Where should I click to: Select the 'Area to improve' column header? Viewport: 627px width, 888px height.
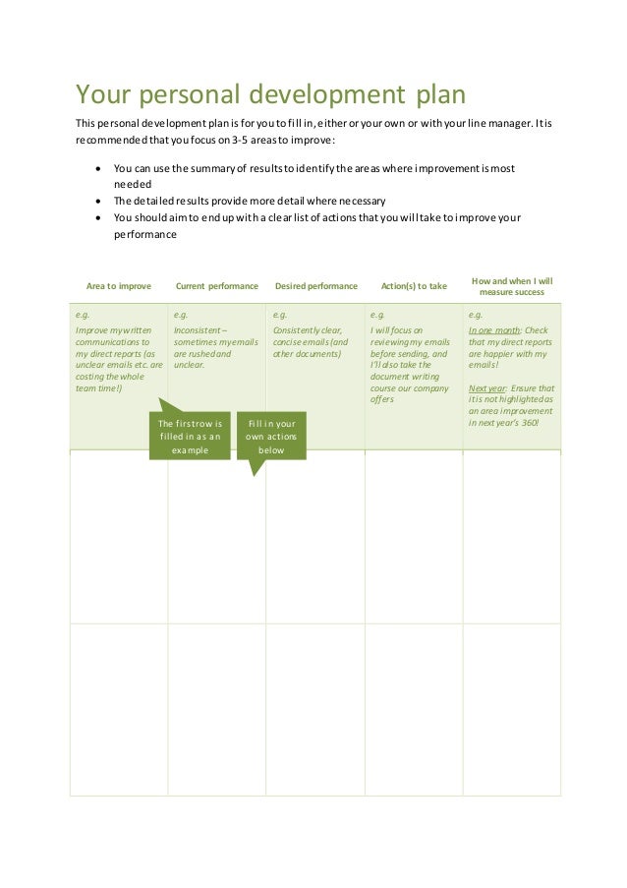pos(119,286)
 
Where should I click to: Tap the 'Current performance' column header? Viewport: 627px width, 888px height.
pos(216,286)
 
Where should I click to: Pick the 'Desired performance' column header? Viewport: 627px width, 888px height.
pos(315,286)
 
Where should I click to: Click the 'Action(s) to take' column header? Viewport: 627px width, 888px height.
pos(413,286)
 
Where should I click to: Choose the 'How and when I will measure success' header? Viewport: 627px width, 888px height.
pos(511,285)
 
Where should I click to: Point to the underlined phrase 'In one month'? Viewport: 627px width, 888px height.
pos(493,331)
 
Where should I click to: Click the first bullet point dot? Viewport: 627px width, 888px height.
pos(97,168)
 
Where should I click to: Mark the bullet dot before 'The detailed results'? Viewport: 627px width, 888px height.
pos(97,202)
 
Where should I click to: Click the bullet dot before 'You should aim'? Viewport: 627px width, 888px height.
pos(97,218)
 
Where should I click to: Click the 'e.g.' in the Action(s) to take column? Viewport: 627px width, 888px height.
pos(378,315)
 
